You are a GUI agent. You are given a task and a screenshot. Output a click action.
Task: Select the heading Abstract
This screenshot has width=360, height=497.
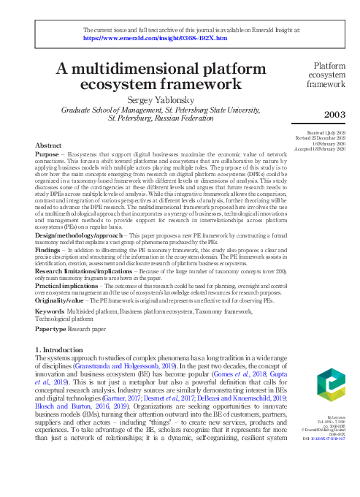pyautogui.click(x=48, y=145)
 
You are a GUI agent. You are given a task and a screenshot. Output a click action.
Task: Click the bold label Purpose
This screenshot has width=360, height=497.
pyautogui.click(x=47, y=154)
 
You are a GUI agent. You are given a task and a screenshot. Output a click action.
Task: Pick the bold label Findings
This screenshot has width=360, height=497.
pyautogui.click(x=49, y=249)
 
